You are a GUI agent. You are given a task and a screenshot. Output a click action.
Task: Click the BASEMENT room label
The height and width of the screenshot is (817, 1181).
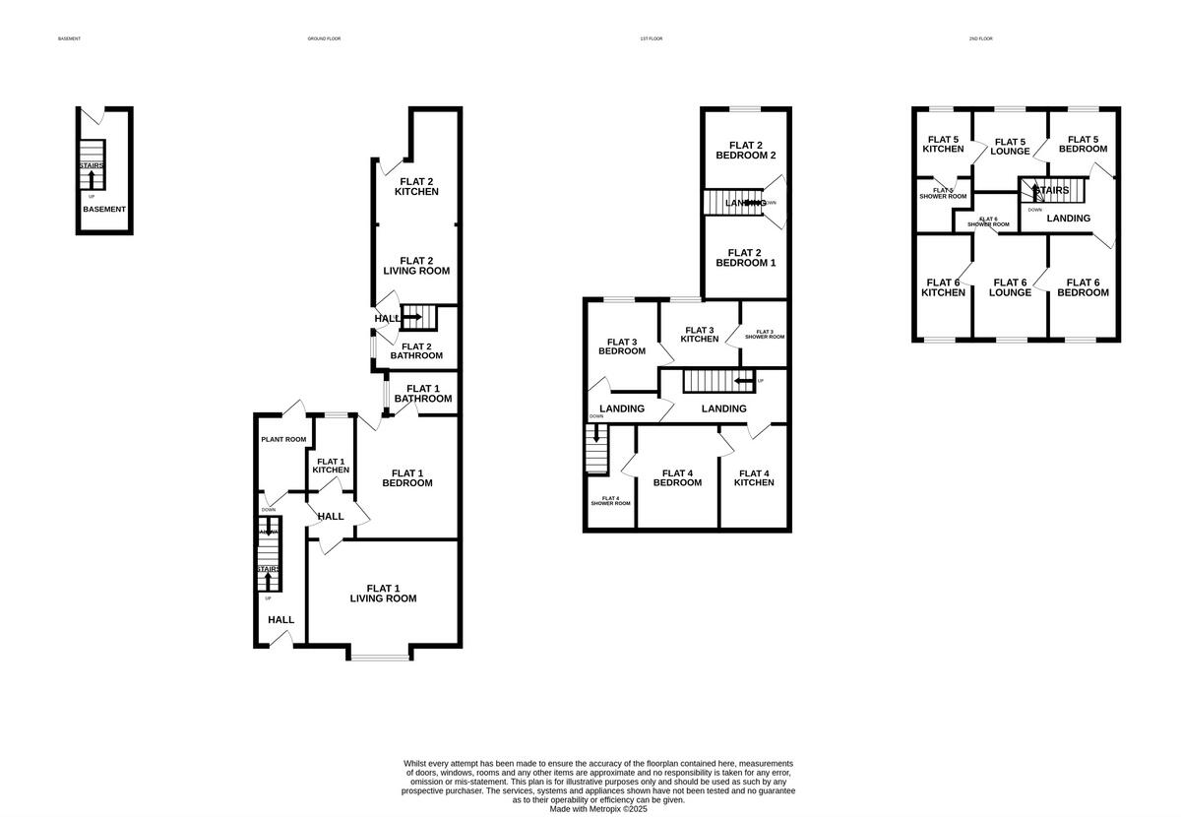[103, 209]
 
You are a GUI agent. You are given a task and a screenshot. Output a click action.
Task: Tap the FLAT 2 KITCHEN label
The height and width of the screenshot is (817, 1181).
[416, 186]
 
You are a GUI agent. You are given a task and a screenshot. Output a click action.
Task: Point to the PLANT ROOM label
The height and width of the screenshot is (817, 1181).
[283, 439]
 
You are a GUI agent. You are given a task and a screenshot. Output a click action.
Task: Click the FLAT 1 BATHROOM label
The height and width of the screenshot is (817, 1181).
[423, 393]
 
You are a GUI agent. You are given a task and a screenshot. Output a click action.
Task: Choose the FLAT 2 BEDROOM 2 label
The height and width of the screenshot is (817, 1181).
[745, 150]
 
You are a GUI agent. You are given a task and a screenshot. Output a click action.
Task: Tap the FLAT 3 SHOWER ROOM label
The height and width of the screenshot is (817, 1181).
[765, 334]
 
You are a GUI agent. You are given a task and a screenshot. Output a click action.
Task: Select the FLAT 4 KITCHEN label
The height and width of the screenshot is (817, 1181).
[754, 477]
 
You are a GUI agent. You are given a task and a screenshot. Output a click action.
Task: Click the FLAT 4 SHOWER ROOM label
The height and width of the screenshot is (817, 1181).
[610, 500]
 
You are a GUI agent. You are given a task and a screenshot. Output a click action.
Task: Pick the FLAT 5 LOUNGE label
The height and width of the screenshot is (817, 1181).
[1010, 146]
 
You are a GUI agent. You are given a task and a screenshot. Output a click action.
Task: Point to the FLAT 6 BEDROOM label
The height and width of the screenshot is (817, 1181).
[1083, 286]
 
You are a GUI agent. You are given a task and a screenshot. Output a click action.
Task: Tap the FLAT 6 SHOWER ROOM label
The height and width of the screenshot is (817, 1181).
[988, 221]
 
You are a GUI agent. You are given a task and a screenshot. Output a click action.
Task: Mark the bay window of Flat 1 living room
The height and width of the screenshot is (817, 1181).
[379, 657]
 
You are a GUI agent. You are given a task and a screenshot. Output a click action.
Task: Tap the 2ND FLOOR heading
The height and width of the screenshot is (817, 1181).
[980, 38]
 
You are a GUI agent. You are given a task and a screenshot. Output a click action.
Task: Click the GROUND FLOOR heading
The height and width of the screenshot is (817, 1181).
[324, 38]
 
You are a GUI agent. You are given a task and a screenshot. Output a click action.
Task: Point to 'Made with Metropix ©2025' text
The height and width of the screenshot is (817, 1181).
[598, 809]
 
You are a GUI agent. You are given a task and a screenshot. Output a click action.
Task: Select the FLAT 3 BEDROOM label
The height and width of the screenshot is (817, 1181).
[622, 346]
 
